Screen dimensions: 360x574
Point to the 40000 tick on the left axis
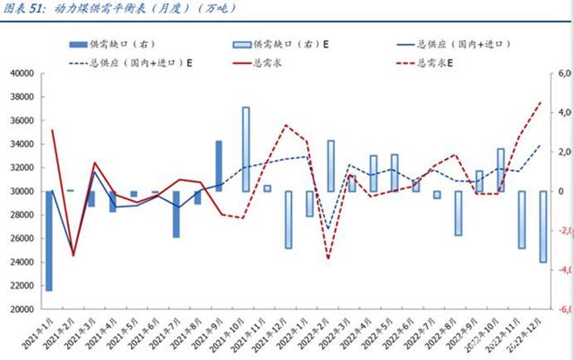(x=19, y=74)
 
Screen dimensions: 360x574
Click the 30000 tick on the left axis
(x=19, y=192)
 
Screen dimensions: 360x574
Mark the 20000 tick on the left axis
(x=19, y=309)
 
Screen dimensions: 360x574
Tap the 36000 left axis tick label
(x=19, y=121)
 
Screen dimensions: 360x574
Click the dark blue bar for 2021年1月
(x=49, y=241)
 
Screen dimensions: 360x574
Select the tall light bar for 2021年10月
(x=246, y=149)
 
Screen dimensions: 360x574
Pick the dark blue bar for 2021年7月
(x=176, y=214)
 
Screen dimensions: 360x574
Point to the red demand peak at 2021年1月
(x=52, y=130)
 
